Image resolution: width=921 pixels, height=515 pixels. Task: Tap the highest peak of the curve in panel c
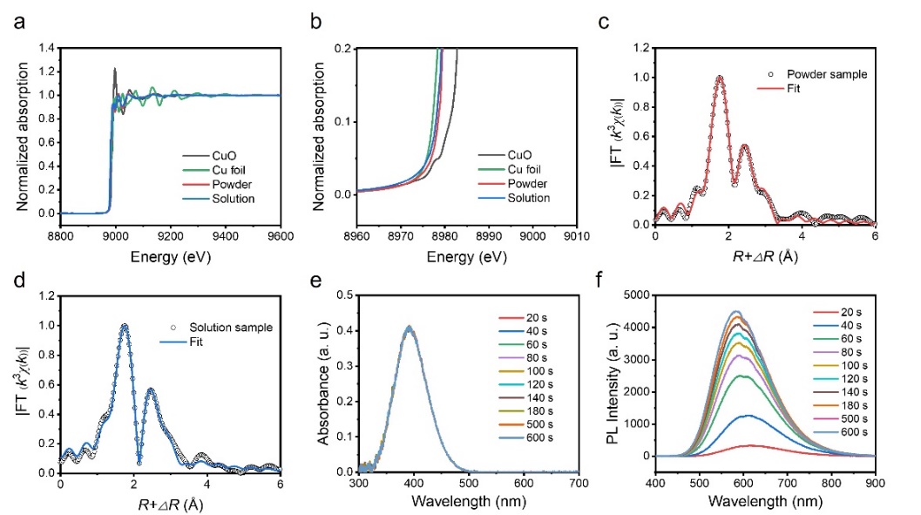tap(720, 77)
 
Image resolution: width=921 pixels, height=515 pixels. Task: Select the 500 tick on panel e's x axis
tap(468, 483)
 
